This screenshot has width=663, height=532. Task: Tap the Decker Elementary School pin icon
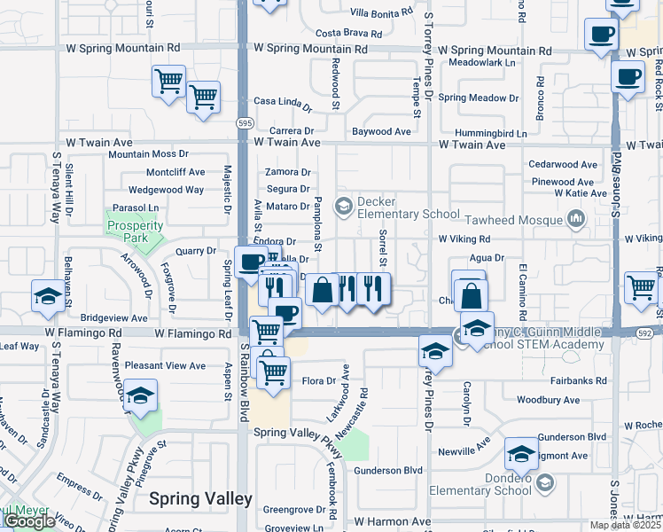coord(343,207)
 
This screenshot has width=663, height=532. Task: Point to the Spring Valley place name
coord(200,499)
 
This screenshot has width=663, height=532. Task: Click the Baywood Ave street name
coord(381,131)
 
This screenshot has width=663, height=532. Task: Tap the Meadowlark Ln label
coord(481,63)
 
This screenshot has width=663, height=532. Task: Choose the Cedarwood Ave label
coord(562,164)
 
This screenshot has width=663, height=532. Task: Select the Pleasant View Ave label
coord(166,365)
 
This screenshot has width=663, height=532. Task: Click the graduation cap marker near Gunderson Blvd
coord(521,453)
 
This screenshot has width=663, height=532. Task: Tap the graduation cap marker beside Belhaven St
coord(47,296)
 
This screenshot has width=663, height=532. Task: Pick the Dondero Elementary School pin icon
coord(545,483)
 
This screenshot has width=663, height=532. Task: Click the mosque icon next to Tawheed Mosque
coord(577,217)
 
